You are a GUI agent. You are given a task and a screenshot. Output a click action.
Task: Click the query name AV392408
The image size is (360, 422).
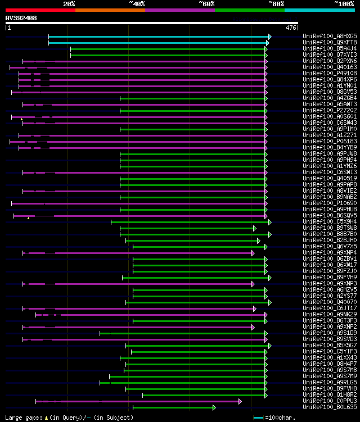pos(21,18)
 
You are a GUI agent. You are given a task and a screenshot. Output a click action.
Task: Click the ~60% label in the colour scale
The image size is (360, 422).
pos(206,4)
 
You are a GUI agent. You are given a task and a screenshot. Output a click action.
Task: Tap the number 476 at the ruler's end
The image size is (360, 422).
pos(291,28)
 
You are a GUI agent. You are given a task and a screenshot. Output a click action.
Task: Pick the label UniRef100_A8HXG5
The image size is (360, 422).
pos(330,37)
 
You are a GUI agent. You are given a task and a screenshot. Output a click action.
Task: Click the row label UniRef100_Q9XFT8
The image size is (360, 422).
pos(330,43)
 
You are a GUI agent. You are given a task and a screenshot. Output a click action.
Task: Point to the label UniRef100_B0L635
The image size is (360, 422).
pos(330,407)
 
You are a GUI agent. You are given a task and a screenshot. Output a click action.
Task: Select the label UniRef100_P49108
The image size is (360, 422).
pos(330,74)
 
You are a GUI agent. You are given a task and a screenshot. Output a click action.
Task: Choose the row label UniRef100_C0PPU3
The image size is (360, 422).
pos(330,401)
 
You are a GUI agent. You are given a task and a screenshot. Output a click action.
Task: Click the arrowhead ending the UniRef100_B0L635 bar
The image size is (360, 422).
pos(214,407)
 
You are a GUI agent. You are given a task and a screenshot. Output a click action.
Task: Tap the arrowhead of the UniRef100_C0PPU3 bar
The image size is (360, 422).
pos(240,401)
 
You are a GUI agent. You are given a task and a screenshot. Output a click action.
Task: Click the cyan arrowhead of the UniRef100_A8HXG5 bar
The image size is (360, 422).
pos(270,37)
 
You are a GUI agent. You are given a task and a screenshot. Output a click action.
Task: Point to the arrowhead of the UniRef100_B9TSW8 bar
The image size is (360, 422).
pos(254,228)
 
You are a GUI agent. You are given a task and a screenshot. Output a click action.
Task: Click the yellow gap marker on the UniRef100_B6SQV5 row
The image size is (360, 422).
pos(28,217)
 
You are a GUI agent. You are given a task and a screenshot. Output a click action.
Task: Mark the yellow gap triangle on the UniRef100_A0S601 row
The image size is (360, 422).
pos(22,119)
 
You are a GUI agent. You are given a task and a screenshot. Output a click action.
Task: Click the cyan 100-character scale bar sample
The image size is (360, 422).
pos(258,418)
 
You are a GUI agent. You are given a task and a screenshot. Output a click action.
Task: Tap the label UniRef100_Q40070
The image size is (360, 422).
pos(330,302)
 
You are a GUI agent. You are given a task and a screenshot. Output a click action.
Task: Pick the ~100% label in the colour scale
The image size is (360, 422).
pos(344,4)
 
